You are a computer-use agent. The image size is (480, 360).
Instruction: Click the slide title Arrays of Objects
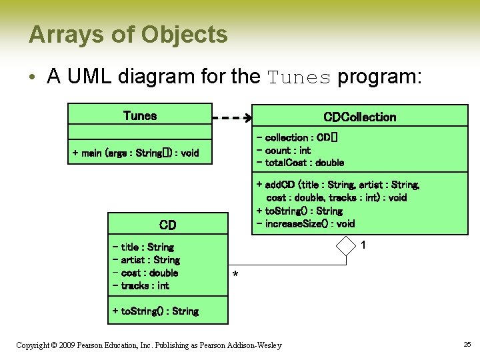click(x=128, y=34)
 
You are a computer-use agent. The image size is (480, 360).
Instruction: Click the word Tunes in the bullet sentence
click(x=299, y=77)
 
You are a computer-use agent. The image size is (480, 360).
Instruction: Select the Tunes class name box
click(x=140, y=115)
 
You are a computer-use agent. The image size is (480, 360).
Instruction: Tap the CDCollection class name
click(x=359, y=117)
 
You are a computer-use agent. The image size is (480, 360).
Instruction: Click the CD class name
click(x=167, y=225)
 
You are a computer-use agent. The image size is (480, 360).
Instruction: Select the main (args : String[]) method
click(x=135, y=153)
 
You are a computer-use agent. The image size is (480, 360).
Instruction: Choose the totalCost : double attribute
click(x=300, y=163)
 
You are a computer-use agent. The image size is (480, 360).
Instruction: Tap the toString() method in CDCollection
click(x=299, y=211)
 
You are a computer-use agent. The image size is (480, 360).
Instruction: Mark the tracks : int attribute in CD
click(x=141, y=285)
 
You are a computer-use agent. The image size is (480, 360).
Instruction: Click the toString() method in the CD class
click(x=155, y=311)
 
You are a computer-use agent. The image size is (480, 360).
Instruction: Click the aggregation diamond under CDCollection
click(x=347, y=245)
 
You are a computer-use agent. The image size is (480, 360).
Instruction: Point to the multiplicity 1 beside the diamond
click(x=363, y=245)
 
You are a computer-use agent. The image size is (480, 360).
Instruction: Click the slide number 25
click(x=467, y=344)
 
